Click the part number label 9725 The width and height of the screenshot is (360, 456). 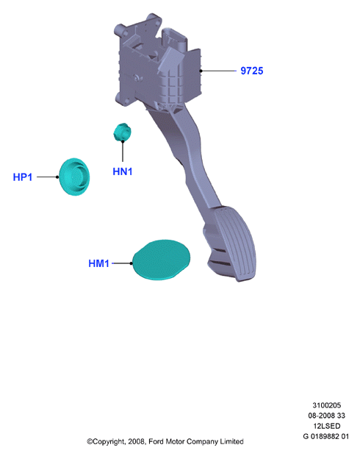coord(251,71)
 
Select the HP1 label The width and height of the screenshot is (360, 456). coord(22,177)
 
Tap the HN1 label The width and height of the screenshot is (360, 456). coord(122,171)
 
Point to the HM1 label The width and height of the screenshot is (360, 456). coord(98,263)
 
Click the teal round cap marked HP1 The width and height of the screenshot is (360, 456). coord(74,177)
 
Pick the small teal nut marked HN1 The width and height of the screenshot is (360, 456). coord(122,132)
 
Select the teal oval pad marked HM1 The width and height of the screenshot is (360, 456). coord(162,260)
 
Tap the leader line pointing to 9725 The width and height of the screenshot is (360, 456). coord(218,71)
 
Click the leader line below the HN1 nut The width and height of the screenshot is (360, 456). coord(123,152)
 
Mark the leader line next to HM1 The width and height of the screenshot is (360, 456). coord(122,263)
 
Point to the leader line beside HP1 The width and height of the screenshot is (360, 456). coord(48,177)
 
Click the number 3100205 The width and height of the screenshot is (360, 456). coord(327,405)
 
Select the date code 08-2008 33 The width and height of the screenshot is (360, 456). coord(327,416)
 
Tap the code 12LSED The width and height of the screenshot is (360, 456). coord(327,426)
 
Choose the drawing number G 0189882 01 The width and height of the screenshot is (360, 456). coord(325,437)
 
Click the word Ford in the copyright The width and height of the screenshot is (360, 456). coord(156,441)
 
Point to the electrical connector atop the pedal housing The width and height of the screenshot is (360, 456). coord(174,40)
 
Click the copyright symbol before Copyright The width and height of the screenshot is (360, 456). coord(90,442)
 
